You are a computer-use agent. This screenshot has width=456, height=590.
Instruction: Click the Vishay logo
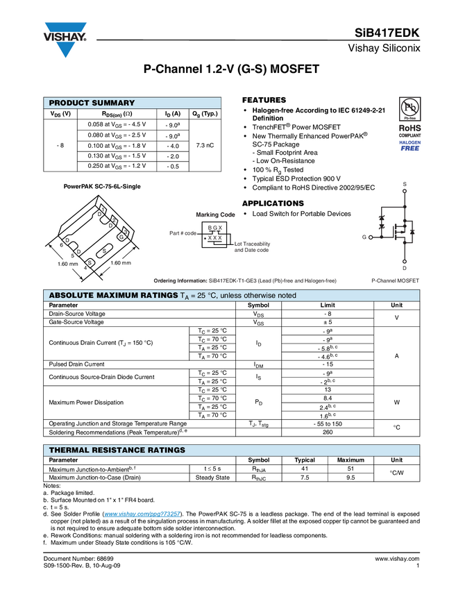point(65,39)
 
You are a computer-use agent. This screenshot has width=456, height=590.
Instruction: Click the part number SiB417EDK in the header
point(387,33)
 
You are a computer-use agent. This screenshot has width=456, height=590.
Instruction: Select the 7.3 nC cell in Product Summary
point(205,145)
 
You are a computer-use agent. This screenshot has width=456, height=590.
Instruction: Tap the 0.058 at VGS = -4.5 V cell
point(117,124)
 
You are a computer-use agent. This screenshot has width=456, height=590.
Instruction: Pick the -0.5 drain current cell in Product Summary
point(173,167)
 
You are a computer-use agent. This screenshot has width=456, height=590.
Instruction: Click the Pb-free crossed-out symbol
point(409,108)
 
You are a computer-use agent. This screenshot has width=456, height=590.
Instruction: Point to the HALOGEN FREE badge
point(410,146)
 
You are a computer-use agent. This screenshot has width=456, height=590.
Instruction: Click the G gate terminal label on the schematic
point(364,237)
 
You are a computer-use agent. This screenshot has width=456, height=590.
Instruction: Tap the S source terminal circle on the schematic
point(405,191)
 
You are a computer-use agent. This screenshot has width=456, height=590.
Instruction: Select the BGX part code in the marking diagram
point(215,228)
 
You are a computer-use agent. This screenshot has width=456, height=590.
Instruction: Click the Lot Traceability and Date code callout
point(252,247)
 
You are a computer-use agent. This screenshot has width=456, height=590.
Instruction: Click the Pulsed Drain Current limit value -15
point(328,364)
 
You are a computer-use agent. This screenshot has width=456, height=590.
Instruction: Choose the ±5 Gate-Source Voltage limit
point(328,322)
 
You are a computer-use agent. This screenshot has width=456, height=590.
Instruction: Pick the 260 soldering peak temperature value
point(328,432)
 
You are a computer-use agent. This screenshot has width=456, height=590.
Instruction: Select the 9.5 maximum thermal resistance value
point(351,478)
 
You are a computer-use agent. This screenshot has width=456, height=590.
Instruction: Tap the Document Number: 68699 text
point(78,559)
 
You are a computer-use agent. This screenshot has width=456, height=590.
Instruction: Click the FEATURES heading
point(264,100)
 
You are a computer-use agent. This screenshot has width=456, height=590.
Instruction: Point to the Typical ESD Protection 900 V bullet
point(296,178)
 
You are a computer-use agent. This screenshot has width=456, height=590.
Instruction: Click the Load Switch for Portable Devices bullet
point(301,214)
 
